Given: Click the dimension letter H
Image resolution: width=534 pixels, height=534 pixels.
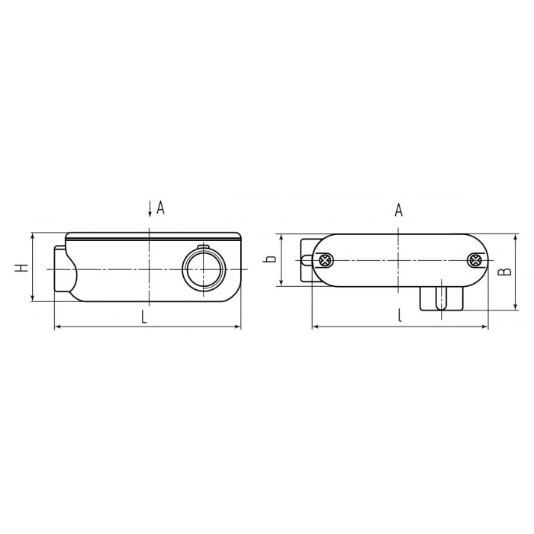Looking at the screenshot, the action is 21,268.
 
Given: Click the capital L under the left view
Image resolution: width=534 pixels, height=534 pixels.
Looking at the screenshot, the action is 144,317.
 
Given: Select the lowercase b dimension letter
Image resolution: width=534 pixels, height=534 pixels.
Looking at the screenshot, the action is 269,259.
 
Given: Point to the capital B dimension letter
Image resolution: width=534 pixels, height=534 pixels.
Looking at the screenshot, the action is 505,272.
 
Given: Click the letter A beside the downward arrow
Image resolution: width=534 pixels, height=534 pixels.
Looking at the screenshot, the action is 160,207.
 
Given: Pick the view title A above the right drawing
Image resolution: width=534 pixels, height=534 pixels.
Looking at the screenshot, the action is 398,210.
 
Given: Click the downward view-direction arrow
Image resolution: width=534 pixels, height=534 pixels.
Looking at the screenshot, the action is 150,208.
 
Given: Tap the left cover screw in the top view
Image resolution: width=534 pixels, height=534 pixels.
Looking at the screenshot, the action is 326,261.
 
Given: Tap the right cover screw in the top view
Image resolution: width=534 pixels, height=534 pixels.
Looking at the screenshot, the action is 474,261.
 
